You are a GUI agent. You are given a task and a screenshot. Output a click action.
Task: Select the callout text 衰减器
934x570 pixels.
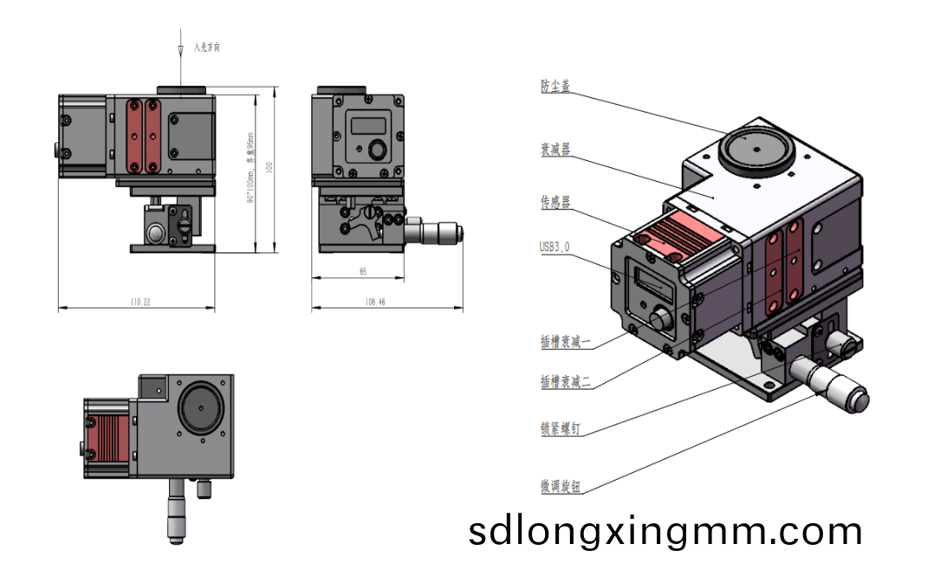[x=555, y=150]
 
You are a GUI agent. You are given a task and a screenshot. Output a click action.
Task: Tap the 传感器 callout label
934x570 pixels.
[x=555, y=203]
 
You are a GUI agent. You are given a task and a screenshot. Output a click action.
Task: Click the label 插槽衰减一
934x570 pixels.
[x=566, y=342]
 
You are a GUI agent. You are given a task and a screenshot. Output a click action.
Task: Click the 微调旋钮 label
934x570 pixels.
[x=561, y=488]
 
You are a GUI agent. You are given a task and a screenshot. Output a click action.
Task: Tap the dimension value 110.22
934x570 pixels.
[x=140, y=302]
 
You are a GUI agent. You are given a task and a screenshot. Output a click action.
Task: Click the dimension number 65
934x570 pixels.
[x=362, y=272]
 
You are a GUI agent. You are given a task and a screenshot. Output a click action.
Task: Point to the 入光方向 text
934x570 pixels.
[x=208, y=48]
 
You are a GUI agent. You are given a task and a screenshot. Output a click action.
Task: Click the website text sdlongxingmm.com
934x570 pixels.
[x=665, y=530]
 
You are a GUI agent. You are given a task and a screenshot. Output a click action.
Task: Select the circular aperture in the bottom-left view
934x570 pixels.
[x=199, y=408]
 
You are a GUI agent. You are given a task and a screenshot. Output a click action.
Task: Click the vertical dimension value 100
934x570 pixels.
[x=269, y=168]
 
